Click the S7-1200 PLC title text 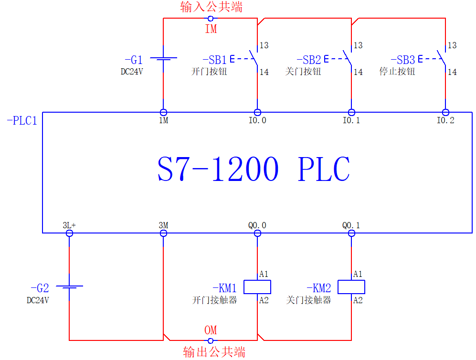pyautogui.click(x=254, y=169)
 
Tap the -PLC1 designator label pyautogui.click(x=22, y=120)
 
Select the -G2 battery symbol pyautogui.click(x=69, y=287)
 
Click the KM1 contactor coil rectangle pyautogui.click(x=257, y=287)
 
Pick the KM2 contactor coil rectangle pyautogui.click(x=351, y=287)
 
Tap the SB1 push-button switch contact pyautogui.click(x=254, y=59)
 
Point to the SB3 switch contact pyautogui.click(x=442, y=59)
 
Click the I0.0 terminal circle pyautogui.click(x=257, y=112)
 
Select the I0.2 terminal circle pyautogui.click(x=445, y=112)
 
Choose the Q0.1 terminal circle pyautogui.click(x=351, y=233)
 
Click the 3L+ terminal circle pyautogui.click(x=69, y=233)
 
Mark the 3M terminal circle pyautogui.click(x=163, y=233)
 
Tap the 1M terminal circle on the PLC pyautogui.click(x=163, y=112)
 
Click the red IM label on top pyautogui.click(x=211, y=29)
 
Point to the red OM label pyautogui.click(x=211, y=330)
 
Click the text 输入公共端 pyautogui.click(x=211, y=7)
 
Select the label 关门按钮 pyautogui.click(x=303, y=72)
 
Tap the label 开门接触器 pyautogui.click(x=214, y=300)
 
